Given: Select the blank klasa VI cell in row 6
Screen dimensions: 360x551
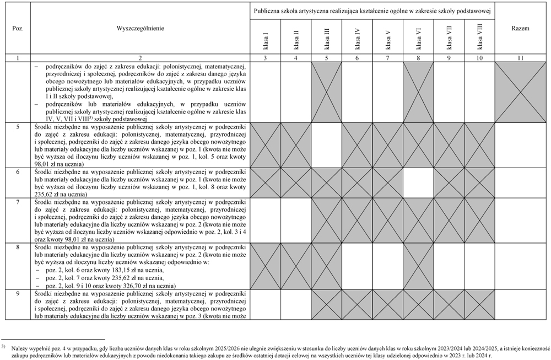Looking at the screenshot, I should click(x=418, y=182).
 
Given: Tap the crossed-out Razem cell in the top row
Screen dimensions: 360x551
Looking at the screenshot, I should click(x=521, y=91).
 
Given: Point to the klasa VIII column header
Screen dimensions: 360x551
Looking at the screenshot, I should click(x=479, y=36).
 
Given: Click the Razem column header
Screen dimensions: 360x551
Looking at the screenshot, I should click(x=521, y=28).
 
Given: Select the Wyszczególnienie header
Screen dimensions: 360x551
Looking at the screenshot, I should click(x=140, y=28).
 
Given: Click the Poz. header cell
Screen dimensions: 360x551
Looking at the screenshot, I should click(x=18, y=28).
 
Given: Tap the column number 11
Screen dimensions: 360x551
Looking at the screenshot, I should click(x=521, y=58).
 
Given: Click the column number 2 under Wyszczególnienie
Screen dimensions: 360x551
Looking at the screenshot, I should click(x=140, y=58).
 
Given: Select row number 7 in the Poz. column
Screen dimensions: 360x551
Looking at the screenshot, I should click(x=18, y=202).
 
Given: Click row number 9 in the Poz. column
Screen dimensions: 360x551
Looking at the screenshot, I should click(x=18, y=293).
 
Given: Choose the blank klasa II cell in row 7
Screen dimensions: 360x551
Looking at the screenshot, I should click(x=296, y=220).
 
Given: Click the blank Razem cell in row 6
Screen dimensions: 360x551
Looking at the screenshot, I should click(x=521, y=182).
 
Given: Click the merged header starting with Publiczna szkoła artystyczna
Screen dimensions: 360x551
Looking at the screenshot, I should click(x=372, y=11).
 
